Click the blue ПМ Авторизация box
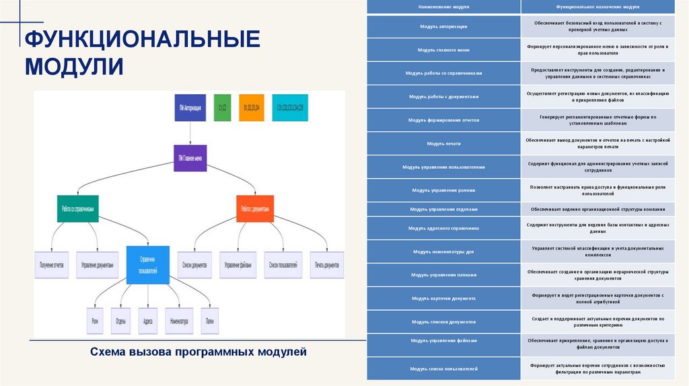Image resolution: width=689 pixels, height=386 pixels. [x=190, y=108]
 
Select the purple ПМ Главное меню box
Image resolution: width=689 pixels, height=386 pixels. [x=190, y=158]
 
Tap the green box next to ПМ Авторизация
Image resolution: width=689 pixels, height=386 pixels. [x=222, y=108]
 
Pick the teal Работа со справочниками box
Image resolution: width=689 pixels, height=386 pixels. [x=77, y=208]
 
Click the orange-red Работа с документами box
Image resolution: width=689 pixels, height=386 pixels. [x=255, y=208]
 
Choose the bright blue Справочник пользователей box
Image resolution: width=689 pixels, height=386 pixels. [x=147, y=265]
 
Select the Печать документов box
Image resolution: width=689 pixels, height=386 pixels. [x=326, y=264]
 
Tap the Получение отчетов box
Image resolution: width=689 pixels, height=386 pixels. [x=51, y=264]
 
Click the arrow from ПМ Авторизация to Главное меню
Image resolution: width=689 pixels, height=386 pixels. [x=190, y=132]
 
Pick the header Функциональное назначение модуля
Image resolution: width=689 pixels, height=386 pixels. [x=597, y=7]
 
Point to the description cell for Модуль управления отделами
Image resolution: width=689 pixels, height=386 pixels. [x=597, y=208]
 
